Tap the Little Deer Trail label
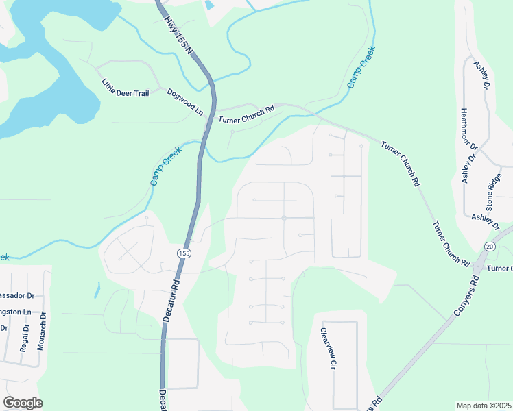coord(125,88)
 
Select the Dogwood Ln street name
coord(185,101)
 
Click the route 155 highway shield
coord(183,253)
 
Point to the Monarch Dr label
coord(42,331)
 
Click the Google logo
coord(23,402)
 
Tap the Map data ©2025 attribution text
coord(484,406)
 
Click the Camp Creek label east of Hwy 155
coord(361,71)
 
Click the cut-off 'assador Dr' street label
coord(17,296)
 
